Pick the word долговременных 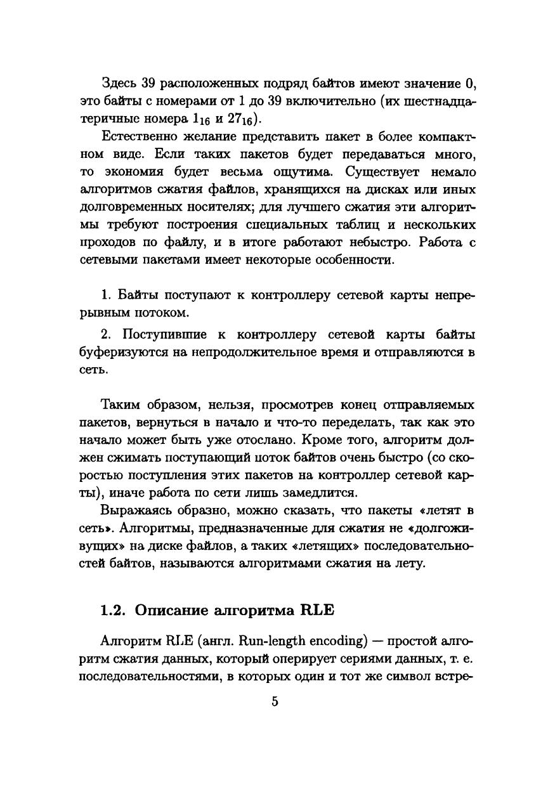tap(131, 207)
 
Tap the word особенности tap(353, 260)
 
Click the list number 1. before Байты tap(107, 296)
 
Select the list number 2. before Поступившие tap(107, 335)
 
